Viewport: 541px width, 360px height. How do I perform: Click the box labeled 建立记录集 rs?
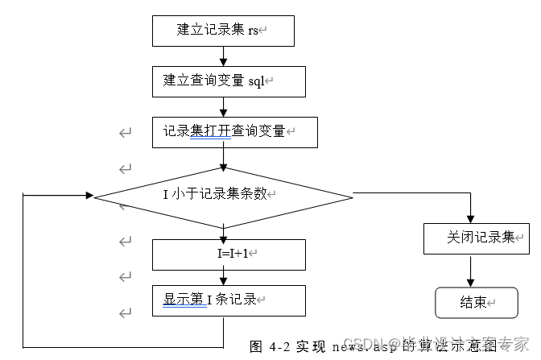pyautogui.click(x=223, y=31)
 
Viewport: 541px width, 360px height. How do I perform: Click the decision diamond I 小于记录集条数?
pyautogui.click(x=223, y=195)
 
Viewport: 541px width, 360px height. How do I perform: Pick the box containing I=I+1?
pyautogui.click(x=229, y=254)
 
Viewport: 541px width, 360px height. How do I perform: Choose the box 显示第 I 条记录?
pyautogui.click(x=229, y=300)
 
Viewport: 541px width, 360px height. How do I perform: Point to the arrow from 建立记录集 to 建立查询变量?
pyautogui.click(x=223, y=56)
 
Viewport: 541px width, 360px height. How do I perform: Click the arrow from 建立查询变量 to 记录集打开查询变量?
pyautogui.click(x=223, y=106)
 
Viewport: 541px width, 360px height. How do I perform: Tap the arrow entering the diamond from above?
pyautogui.click(x=223, y=158)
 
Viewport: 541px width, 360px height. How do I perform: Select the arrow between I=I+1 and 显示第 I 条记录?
pyautogui.click(x=223, y=277)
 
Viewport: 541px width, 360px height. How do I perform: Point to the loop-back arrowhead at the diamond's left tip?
pyautogui.click(x=89, y=195)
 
